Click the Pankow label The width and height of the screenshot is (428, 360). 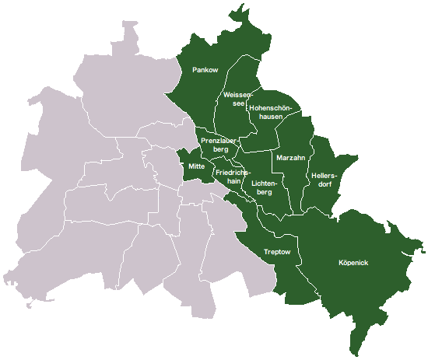205,71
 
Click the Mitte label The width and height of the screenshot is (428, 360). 196,166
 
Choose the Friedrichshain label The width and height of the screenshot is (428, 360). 233,176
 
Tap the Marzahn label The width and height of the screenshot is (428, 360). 290,157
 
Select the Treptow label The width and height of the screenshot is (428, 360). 277,252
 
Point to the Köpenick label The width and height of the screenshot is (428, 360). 354,263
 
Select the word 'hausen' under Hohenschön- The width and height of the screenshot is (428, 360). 271,117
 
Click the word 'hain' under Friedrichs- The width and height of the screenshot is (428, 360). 232,180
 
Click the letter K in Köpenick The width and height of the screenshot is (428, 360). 342,263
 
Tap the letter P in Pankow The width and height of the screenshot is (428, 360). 195,71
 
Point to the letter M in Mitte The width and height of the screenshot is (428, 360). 190,166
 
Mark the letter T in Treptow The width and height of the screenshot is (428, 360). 266,252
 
